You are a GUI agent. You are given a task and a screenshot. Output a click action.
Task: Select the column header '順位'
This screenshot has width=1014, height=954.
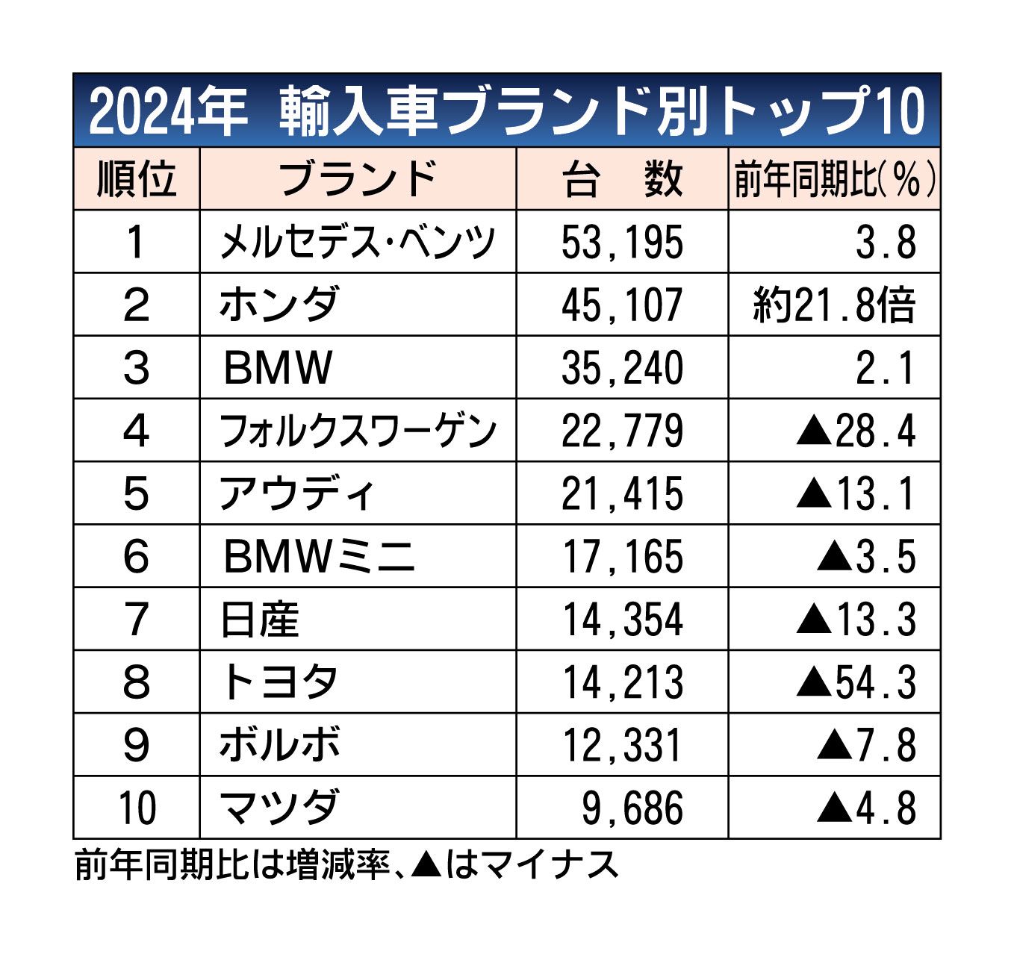(x=136, y=179)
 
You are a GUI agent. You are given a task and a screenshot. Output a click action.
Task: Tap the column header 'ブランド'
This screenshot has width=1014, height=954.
(x=358, y=179)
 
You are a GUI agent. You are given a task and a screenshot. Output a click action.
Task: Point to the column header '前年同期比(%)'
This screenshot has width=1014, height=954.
(x=834, y=180)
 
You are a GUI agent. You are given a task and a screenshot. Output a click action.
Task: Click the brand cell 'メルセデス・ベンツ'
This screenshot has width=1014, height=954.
(x=358, y=243)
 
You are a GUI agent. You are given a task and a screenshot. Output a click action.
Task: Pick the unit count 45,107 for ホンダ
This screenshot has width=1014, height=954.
(x=622, y=305)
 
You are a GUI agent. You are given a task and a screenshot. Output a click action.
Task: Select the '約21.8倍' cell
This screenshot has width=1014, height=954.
(x=834, y=305)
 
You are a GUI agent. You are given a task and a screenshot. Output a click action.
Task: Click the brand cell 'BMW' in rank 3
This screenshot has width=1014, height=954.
(x=278, y=368)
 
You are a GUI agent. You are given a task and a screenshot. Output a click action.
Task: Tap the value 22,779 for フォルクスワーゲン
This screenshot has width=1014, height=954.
(x=622, y=431)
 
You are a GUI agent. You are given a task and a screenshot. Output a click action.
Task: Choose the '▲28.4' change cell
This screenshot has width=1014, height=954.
(x=856, y=431)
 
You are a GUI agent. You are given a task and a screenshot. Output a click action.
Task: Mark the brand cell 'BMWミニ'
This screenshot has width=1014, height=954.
(x=319, y=557)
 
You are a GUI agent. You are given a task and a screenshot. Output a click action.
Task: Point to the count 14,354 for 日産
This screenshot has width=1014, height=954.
(x=622, y=620)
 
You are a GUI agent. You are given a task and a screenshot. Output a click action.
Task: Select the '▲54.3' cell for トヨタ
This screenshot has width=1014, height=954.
(x=856, y=682)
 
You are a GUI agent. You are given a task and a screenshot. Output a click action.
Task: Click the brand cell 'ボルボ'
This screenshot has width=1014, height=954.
(x=280, y=745)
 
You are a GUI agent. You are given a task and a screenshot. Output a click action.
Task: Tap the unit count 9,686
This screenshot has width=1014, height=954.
(x=632, y=808)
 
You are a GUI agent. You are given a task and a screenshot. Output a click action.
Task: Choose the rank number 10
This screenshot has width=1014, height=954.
(x=137, y=808)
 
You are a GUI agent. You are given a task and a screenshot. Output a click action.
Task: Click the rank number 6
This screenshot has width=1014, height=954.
(x=136, y=557)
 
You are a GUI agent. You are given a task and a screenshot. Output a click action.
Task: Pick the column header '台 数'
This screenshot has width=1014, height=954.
(x=622, y=180)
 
